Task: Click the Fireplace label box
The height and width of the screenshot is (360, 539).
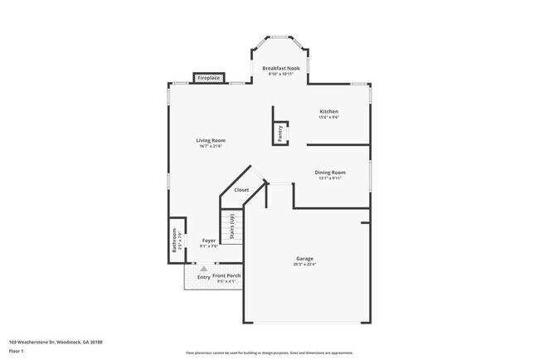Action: (208, 78)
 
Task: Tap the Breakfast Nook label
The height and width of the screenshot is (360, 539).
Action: (281, 68)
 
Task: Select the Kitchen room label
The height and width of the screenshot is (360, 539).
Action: (329, 111)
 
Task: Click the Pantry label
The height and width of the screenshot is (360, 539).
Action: (279, 132)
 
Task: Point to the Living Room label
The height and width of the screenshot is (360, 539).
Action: (211, 140)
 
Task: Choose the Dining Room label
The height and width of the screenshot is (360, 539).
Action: (330, 173)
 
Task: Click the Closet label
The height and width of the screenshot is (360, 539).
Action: (241, 190)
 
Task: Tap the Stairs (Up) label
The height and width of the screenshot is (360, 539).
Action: (232, 226)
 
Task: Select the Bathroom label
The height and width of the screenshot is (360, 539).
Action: (174, 240)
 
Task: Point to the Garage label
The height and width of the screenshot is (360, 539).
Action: (305, 259)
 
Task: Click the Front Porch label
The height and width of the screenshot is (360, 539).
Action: (226, 275)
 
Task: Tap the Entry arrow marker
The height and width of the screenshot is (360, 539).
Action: (203, 269)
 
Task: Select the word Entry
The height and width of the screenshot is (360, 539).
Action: (203, 277)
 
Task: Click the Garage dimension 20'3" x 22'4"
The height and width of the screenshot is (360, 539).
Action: (305, 265)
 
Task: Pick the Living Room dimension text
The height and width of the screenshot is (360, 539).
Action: (211, 147)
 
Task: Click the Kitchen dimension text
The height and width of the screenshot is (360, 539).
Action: (329, 118)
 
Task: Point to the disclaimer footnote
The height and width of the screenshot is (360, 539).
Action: (269, 353)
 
